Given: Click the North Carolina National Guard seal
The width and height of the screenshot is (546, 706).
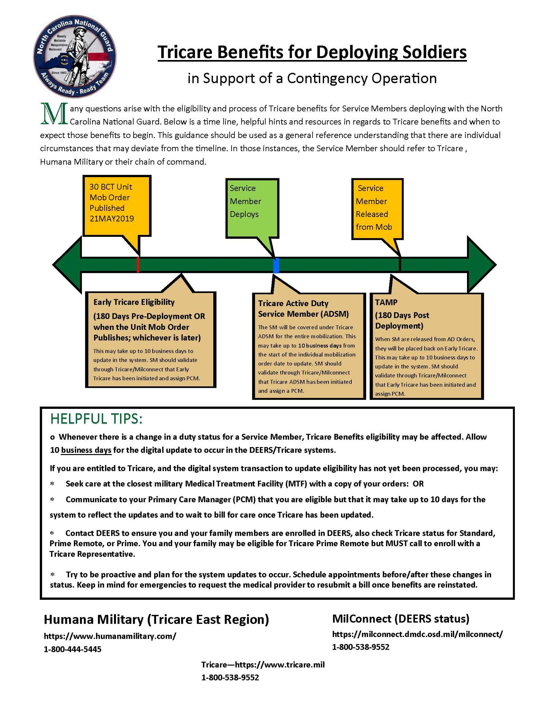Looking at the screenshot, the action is pyautogui.click(x=75, y=57).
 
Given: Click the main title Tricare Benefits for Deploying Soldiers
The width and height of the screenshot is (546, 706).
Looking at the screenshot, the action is pyautogui.click(x=312, y=52).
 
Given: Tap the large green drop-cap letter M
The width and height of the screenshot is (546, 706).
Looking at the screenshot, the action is pyautogui.click(x=53, y=113).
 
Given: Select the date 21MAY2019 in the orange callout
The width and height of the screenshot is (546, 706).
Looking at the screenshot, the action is pyautogui.click(x=112, y=219).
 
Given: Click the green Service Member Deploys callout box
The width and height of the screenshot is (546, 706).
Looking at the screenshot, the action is pyautogui.click(x=252, y=208).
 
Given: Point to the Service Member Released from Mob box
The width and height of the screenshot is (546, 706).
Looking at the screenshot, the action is pyautogui.click(x=377, y=209).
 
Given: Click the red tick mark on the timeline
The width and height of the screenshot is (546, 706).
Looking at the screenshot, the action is pyautogui.click(x=138, y=265).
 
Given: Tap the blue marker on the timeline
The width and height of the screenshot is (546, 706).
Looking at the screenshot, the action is pyautogui.click(x=276, y=265).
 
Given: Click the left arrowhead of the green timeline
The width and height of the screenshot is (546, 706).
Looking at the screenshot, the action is pyautogui.click(x=67, y=265).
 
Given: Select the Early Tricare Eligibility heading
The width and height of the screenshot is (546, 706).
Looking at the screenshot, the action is pyautogui.click(x=134, y=302).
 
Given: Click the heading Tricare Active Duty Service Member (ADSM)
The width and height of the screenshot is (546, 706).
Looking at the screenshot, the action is pyautogui.click(x=303, y=309).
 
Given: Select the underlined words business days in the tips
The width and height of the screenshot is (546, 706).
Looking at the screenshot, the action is pyautogui.click(x=86, y=450).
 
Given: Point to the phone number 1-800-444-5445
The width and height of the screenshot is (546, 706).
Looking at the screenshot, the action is pyautogui.click(x=72, y=649).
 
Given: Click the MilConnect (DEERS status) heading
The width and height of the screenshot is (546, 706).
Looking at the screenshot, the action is pyautogui.click(x=401, y=618).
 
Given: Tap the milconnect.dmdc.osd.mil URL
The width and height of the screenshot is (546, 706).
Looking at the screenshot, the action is pyautogui.click(x=418, y=634).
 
